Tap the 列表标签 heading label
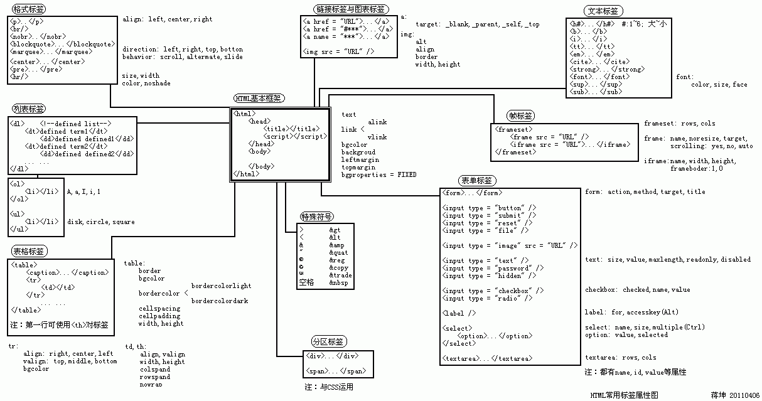28,109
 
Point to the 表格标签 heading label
28,252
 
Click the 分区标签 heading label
328,342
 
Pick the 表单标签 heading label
477,181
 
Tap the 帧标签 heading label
522,116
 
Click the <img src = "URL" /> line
338,51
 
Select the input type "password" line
493,268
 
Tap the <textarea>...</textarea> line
488,358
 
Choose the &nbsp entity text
339,283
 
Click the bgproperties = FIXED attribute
378,174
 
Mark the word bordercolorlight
221,286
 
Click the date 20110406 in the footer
744,395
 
